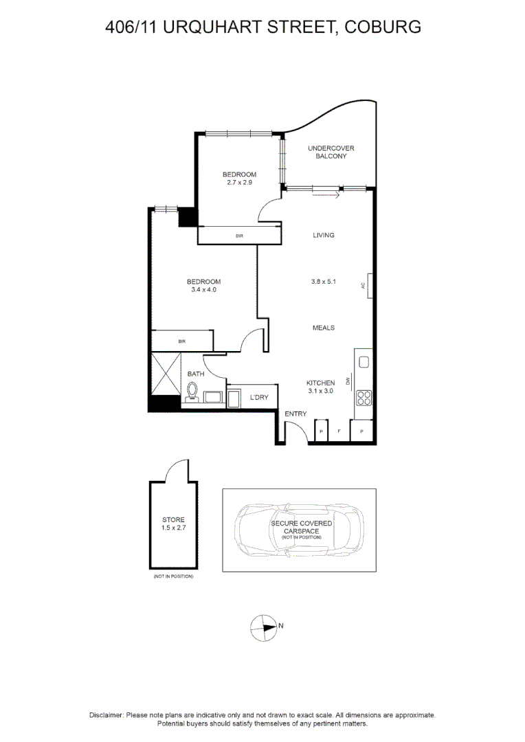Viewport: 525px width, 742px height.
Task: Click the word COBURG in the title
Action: (383, 27)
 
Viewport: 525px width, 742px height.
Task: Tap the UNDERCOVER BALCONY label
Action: (331, 152)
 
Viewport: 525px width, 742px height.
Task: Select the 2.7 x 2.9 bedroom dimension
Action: (239, 183)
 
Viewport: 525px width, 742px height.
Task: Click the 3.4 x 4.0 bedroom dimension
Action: (203, 290)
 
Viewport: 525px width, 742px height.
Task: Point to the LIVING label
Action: (324, 235)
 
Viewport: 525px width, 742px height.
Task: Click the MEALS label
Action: (324, 328)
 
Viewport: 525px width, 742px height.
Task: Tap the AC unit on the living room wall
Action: (370, 286)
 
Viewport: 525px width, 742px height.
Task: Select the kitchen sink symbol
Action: (364, 362)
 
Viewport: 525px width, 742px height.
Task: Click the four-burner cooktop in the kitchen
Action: (364, 397)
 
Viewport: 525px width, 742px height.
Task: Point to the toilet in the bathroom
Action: (192, 392)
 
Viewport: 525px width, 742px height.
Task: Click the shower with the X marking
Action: (165, 374)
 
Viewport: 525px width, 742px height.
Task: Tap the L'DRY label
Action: (259, 398)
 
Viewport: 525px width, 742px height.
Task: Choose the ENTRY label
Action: (295, 414)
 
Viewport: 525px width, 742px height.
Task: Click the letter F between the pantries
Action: (339, 432)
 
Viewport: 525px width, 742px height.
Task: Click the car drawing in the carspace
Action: (300, 530)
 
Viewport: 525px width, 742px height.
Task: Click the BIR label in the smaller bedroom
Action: (239, 236)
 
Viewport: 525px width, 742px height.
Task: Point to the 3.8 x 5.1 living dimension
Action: (324, 280)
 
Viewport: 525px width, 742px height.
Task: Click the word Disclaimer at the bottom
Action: (107, 715)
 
